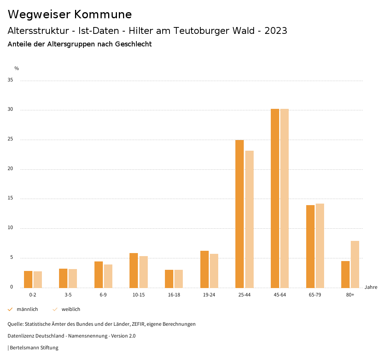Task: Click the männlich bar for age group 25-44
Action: [x=240, y=214]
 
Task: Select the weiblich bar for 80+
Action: [x=355, y=264]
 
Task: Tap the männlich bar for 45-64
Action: [x=275, y=198]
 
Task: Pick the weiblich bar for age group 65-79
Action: [x=320, y=246]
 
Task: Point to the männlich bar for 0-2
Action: [x=28, y=279]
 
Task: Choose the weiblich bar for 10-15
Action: [x=144, y=272]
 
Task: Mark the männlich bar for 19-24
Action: [x=205, y=269]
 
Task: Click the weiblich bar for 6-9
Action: [x=108, y=276]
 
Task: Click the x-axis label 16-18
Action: [x=174, y=295]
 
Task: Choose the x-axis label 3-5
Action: [x=68, y=295]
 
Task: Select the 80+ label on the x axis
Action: [x=350, y=295]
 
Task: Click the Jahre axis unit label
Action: [x=371, y=287]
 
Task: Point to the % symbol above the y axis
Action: [x=17, y=68]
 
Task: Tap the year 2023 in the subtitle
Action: [x=276, y=31]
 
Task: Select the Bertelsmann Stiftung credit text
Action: [x=34, y=348]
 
